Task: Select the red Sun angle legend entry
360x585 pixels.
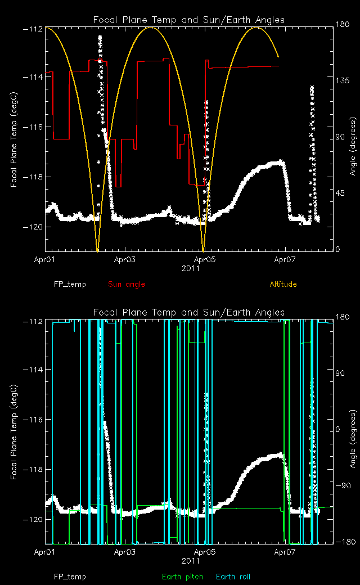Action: point(126,284)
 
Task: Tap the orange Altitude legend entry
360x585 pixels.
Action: point(283,284)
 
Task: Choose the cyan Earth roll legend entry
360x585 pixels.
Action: point(233,577)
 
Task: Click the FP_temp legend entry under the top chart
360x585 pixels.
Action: point(70,284)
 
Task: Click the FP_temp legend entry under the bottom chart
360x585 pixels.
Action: point(70,577)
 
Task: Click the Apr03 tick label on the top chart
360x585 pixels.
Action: point(125,260)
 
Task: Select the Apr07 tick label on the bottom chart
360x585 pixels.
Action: point(285,552)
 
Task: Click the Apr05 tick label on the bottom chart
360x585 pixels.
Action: point(205,552)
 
